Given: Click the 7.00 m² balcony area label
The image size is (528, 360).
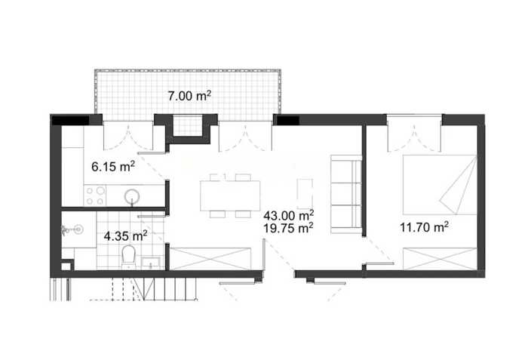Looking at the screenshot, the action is pos(189,96).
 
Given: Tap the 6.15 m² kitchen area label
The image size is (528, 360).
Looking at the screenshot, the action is pos(113,167).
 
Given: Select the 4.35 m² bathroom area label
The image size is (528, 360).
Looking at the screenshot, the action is pos(126,236).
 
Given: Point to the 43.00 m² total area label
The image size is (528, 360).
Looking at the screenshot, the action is pos(289,215).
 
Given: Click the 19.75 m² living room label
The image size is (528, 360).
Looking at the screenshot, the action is pos(288,228).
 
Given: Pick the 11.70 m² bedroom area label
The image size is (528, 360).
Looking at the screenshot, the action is pos(424,227).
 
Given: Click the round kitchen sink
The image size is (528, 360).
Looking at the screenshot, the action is pos(132,196).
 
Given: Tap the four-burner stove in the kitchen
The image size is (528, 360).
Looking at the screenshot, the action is pos(95,195).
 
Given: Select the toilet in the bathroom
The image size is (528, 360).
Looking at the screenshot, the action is pos(128,257).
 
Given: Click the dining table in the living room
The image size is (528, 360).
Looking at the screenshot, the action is pos(230,195).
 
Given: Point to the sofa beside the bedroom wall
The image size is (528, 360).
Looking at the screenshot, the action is pos(346,194).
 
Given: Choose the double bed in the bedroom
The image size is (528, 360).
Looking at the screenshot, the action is pos(440,185).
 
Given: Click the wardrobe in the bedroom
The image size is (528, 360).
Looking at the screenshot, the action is pos(440,259).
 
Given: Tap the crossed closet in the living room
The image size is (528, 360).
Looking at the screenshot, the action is pos(210,259).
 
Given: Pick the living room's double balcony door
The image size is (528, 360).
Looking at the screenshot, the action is pos(245,137).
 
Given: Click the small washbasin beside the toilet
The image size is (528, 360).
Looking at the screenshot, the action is pos(150,263).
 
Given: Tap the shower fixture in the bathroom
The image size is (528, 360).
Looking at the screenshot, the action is pos(72,230).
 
